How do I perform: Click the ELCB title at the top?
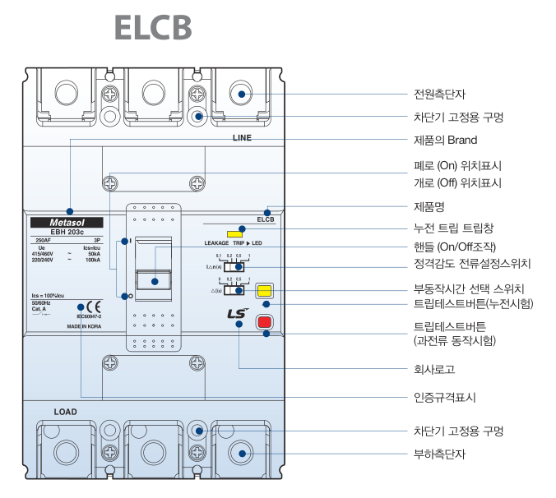(x=153, y=27)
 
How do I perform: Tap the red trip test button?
(x=264, y=322)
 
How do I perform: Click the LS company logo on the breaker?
(x=237, y=313)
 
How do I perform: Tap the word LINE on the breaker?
(x=242, y=138)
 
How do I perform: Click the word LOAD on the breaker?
(x=66, y=411)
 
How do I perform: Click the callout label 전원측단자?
(x=439, y=94)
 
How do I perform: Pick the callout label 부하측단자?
(x=439, y=454)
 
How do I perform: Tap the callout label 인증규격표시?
(x=444, y=399)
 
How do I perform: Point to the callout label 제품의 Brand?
(x=444, y=140)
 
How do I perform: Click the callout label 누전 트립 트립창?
(x=452, y=227)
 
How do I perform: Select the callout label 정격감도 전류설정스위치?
(x=471, y=264)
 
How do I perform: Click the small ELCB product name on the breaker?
(x=266, y=219)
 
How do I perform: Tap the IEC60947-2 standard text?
(x=89, y=316)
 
